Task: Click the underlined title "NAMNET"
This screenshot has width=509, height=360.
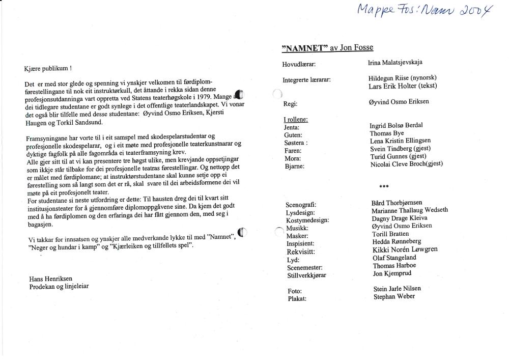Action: (x=304, y=48)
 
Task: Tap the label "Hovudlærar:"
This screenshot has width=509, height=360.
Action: (x=299, y=65)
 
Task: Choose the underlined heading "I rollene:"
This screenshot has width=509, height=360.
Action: (x=295, y=120)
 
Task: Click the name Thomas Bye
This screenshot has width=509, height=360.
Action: (x=387, y=133)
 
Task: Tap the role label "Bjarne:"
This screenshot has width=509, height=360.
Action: (x=295, y=167)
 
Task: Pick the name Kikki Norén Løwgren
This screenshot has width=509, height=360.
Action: (x=405, y=250)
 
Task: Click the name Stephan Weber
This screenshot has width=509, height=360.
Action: (x=393, y=296)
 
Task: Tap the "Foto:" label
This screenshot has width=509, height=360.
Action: (x=295, y=291)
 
